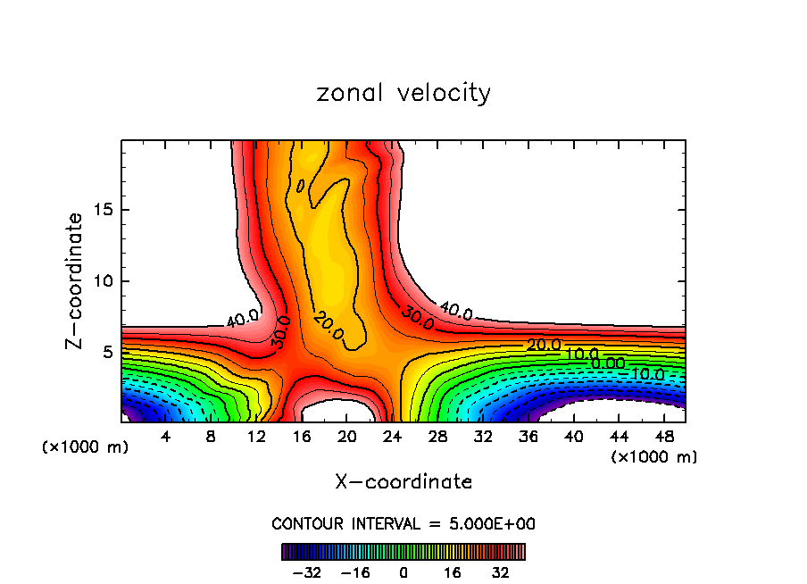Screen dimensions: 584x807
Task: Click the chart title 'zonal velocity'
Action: pyautogui.click(x=403, y=93)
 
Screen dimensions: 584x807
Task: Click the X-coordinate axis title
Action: pyautogui.click(x=403, y=482)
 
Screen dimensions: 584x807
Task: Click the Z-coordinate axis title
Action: pyautogui.click(x=75, y=280)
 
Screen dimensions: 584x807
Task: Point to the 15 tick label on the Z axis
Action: pyautogui.click(x=104, y=211)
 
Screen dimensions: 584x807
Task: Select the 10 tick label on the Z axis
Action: pyautogui.click(x=104, y=281)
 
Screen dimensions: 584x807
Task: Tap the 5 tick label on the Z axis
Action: pyautogui.click(x=109, y=352)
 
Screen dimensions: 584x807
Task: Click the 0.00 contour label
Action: pyautogui.click(x=608, y=364)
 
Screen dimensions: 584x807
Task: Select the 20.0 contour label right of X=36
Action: pyautogui.click(x=544, y=346)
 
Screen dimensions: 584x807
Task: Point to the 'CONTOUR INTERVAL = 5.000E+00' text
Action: pyautogui.click(x=403, y=523)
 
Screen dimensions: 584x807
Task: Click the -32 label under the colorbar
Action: pyautogui.click(x=306, y=572)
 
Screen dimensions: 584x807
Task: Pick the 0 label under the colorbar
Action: pyautogui.click(x=403, y=572)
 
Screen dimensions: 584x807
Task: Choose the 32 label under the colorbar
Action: pyautogui.click(x=501, y=572)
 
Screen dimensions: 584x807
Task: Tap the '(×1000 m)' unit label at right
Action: pyautogui.click(x=654, y=457)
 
